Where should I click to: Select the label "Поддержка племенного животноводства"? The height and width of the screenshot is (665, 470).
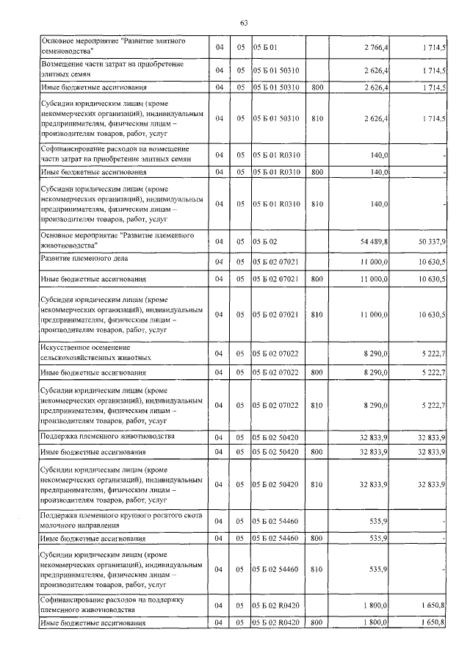(x=106, y=436)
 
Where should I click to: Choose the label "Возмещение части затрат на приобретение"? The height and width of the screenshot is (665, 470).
(x=110, y=65)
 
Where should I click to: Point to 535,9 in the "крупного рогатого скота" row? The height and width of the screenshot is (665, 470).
(x=378, y=522)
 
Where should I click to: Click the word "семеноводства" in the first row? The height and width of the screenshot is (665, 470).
(x=67, y=52)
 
